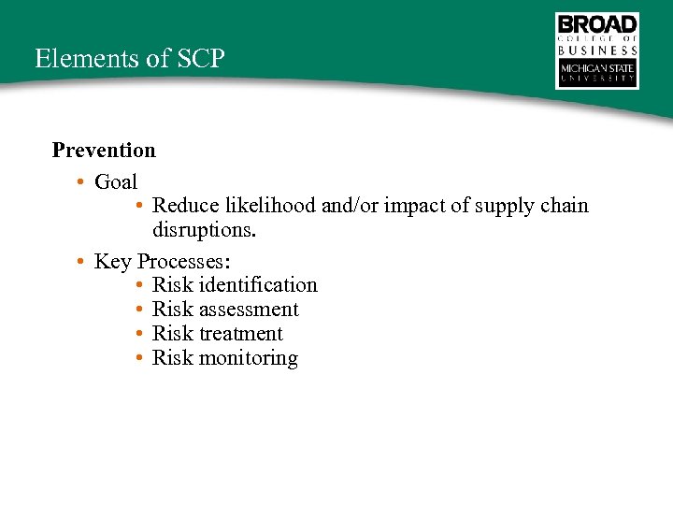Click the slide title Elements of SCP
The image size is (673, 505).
point(130,58)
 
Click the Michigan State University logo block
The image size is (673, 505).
point(597,74)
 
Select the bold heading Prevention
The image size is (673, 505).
point(104,150)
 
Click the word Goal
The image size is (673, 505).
point(116,181)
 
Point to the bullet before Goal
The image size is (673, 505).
point(82,181)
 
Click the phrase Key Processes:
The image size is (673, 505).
point(163,261)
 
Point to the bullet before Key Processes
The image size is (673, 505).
point(82,261)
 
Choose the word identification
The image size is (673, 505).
point(259,284)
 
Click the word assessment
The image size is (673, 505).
point(250,309)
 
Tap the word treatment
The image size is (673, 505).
point(241,333)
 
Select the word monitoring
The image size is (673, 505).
point(249,358)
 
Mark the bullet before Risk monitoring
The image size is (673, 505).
point(138,358)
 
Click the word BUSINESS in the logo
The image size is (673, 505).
point(597,50)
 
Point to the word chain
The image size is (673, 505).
point(564,205)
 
